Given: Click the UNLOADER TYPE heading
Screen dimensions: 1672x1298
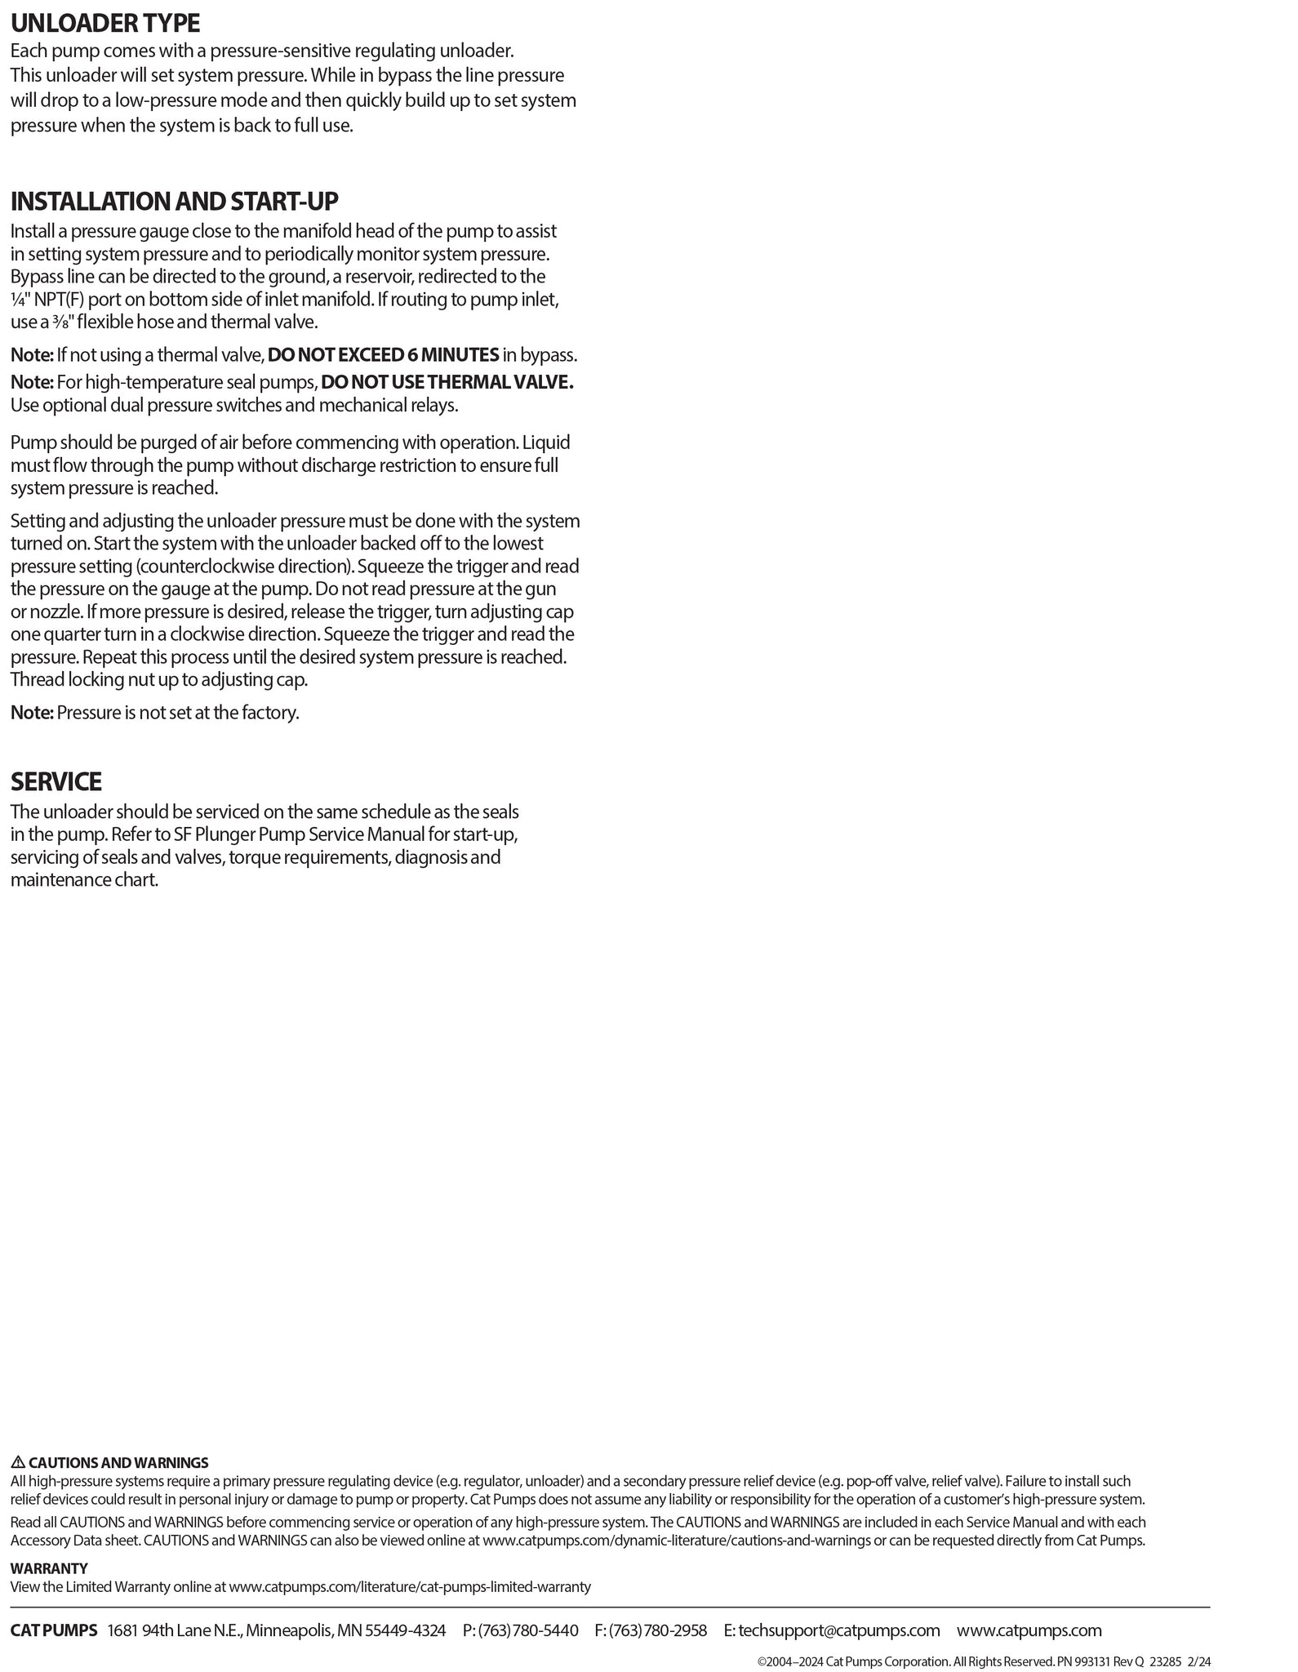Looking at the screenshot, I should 105,23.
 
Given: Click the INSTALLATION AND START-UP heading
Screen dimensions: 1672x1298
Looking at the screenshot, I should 174,201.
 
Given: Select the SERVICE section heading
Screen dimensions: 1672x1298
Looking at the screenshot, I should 56,781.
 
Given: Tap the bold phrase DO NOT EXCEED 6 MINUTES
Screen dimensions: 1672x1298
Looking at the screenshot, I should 384,355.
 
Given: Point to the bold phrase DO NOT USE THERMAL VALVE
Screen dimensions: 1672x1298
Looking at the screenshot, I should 447,382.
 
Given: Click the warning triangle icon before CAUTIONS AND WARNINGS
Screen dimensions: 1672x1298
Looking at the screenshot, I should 18,1462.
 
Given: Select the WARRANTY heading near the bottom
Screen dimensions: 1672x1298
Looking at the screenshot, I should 49,1568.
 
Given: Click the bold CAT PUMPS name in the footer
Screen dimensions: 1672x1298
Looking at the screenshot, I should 54,1630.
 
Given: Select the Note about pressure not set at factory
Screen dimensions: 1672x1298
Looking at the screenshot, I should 155,713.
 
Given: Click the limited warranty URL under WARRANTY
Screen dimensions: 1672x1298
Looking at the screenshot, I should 410,1587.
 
